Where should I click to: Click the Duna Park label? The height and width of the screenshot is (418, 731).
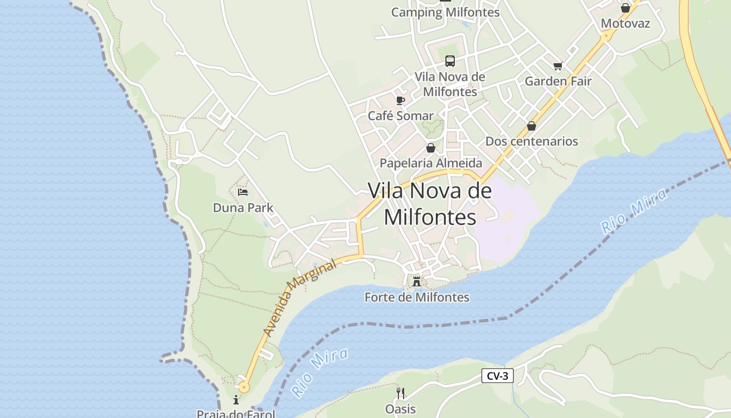243,208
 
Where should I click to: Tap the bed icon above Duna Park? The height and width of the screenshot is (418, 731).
243,192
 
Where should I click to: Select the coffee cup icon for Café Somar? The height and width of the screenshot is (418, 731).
400,100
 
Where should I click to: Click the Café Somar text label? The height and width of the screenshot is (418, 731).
400,116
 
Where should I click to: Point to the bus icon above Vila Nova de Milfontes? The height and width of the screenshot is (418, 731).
450,61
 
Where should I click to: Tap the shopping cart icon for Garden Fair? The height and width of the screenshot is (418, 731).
558,66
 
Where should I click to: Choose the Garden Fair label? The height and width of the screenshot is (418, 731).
558,82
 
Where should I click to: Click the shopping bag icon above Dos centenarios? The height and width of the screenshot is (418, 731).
532,126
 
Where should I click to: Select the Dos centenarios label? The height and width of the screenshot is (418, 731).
532,142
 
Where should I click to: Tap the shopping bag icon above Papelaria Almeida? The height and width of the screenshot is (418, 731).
430,148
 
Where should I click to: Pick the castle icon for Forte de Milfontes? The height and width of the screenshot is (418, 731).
416,282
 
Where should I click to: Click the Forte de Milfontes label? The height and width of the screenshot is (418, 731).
417,297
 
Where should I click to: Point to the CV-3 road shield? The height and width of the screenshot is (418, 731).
497,376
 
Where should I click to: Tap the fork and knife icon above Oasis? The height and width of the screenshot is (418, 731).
400,393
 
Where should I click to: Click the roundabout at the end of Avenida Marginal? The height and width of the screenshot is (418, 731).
243,387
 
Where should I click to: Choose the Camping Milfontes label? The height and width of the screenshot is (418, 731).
445,13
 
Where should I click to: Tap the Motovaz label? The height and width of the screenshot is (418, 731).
625,24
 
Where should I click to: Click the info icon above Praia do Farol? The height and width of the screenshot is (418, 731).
236,400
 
